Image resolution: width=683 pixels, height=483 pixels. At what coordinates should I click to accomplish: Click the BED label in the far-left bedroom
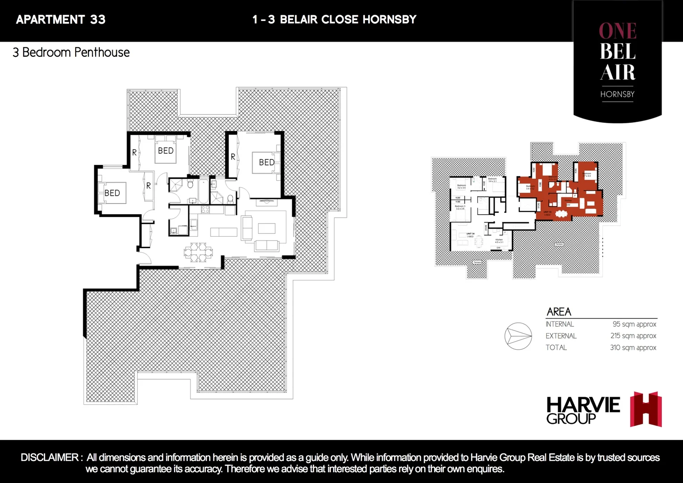pos(112,193)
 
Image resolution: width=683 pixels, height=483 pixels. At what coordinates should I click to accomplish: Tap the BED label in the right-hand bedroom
pos(267,162)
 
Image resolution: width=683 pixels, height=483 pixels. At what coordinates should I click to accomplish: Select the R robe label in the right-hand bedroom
pos(233,157)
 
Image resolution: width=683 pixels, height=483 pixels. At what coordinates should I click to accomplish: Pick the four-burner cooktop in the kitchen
pos(205,209)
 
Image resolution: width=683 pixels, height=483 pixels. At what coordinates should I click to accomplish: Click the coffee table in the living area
pos(267,228)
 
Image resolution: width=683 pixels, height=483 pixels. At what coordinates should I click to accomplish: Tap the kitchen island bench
pos(224,232)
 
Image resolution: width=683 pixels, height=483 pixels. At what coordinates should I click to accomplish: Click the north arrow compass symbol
pos(518,336)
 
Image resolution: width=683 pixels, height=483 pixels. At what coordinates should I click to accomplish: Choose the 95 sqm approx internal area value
pos(634,324)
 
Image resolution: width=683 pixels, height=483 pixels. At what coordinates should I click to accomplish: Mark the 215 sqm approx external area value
pos(633,336)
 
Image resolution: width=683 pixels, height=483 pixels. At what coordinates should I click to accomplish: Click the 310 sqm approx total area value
pos(633,347)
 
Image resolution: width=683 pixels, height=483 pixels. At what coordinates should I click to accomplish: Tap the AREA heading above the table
pos(559,312)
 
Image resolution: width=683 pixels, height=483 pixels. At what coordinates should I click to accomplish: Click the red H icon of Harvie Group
pos(646,409)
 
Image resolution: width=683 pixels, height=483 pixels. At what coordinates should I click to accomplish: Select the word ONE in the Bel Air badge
pos(618,31)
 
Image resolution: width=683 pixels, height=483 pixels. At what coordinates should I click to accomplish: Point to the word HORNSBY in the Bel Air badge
pos(617,94)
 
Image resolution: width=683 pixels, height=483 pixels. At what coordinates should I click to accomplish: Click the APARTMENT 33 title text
pos(61,20)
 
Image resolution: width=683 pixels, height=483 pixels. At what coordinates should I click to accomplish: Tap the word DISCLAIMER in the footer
pos(50,458)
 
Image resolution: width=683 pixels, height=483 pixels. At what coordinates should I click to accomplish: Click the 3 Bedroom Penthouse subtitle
pos(71,52)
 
